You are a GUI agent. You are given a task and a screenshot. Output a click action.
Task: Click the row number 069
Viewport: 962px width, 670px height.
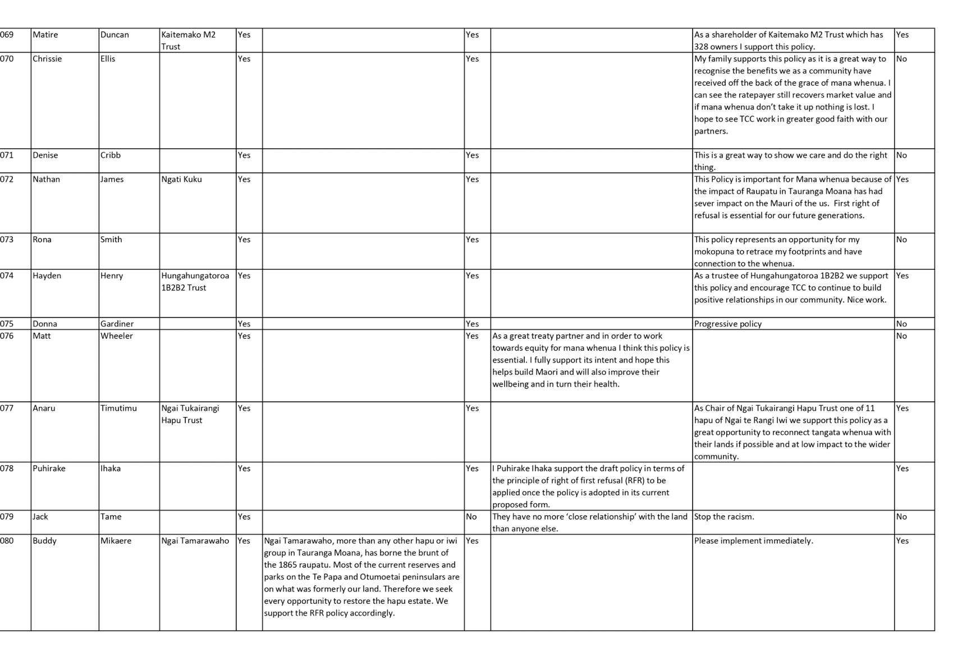point(6,35)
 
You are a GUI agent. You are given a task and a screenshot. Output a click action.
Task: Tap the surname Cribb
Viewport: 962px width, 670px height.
point(111,155)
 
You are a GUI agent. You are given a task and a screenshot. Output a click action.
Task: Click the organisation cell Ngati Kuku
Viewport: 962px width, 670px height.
point(182,179)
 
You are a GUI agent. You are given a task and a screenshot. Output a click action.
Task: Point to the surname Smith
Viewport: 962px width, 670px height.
point(111,239)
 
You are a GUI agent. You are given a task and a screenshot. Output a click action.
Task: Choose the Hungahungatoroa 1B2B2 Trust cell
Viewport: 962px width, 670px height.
point(195,281)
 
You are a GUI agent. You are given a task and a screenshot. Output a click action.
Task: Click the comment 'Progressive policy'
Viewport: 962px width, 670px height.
point(728,324)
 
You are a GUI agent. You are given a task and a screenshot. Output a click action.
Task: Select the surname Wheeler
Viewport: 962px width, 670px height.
point(117,336)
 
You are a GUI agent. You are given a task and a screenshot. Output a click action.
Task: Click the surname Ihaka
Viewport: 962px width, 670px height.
point(111,468)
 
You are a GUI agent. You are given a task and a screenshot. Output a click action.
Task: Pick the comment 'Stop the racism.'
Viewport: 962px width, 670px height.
point(725,517)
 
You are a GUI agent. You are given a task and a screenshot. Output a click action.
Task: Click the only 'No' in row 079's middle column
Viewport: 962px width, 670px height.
point(471,517)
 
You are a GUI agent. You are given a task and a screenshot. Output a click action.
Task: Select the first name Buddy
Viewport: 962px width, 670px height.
point(45,541)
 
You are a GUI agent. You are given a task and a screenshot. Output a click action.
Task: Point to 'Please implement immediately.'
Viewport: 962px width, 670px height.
point(754,541)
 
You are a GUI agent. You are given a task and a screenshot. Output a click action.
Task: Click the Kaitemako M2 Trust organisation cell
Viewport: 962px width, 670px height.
point(189,40)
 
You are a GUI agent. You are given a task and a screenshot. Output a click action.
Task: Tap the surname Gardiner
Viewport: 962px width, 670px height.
point(117,324)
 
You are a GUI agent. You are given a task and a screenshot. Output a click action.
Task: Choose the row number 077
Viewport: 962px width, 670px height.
point(6,408)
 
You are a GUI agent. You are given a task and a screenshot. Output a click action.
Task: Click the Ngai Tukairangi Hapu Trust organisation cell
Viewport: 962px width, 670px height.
point(190,414)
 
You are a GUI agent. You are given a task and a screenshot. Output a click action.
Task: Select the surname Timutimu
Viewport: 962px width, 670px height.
point(118,408)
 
